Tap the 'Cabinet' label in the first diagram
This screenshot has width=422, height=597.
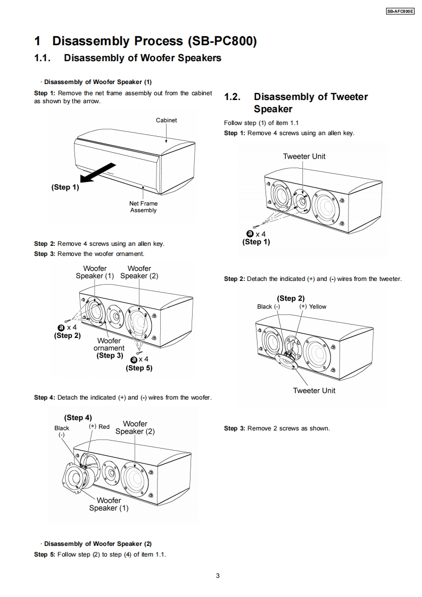click(166, 120)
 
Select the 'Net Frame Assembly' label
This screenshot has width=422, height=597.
click(143, 207)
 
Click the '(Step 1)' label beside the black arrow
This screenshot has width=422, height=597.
click(65, 187)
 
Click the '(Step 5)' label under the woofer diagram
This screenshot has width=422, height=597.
click(139, 368)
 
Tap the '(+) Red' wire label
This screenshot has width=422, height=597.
click(99, 427)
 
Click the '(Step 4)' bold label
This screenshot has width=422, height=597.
click(78, 418)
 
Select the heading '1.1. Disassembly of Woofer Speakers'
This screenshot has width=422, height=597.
click(128, 58)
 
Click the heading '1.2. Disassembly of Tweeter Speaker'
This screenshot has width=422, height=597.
click(296, 103)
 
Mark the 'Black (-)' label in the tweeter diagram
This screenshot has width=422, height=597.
click(268, 306)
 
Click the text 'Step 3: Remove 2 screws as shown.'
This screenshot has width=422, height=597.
click(277, 428)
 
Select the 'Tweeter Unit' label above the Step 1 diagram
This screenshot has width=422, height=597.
click(304, 156)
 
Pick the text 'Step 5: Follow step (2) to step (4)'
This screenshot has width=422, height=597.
click(100, 554)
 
